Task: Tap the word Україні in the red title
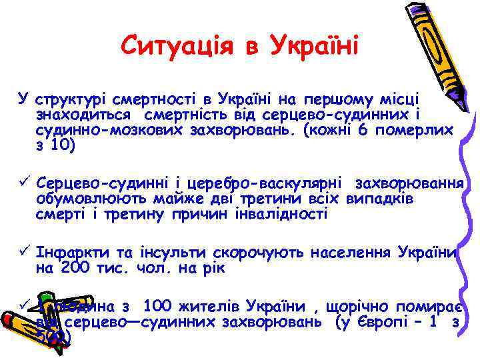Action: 313,46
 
